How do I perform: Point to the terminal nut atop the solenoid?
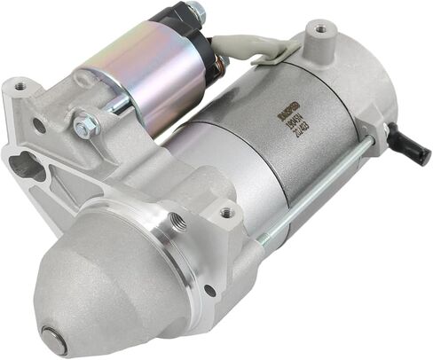(x=195, y=12)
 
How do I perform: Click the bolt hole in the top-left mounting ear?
(x=19, y=87)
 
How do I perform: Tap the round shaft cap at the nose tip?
(x=55, y=339)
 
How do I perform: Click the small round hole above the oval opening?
(x=38, y=126)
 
